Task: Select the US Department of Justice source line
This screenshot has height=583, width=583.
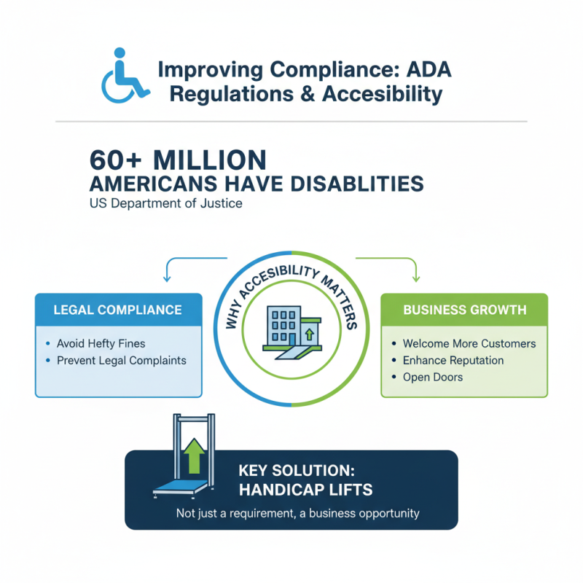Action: [x=166, y=203]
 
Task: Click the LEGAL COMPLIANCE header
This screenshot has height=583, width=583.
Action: [x=118, y=310]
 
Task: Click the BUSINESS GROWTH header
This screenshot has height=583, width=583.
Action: [x=464, y=310]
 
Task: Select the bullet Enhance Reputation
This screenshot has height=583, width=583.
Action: [x=453, y=360]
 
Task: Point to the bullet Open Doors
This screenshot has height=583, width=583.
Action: [x=432, y=377]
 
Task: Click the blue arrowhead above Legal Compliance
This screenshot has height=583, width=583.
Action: [x=167, y=279]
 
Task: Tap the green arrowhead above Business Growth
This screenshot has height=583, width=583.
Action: [x=416, y=279]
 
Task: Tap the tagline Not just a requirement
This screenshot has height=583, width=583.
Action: [x=298, y=513]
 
